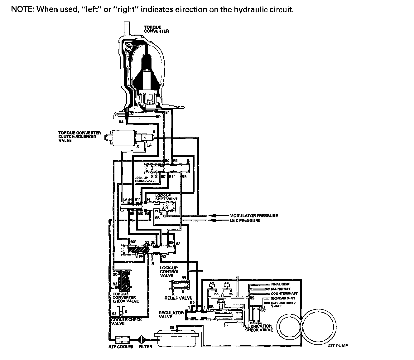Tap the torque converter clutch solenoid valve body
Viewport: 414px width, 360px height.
coord(123,137)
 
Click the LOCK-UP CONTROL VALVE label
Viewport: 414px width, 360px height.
coord(170,272)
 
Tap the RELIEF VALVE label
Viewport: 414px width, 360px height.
coord(178,298)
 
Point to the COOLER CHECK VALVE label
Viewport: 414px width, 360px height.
coord(126,321)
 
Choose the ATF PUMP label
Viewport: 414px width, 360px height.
coord(338,346)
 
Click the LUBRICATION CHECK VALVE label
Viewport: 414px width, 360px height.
coord(259,328)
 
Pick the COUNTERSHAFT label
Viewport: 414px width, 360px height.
coord(284,294)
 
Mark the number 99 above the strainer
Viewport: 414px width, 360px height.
coord(172,327)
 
